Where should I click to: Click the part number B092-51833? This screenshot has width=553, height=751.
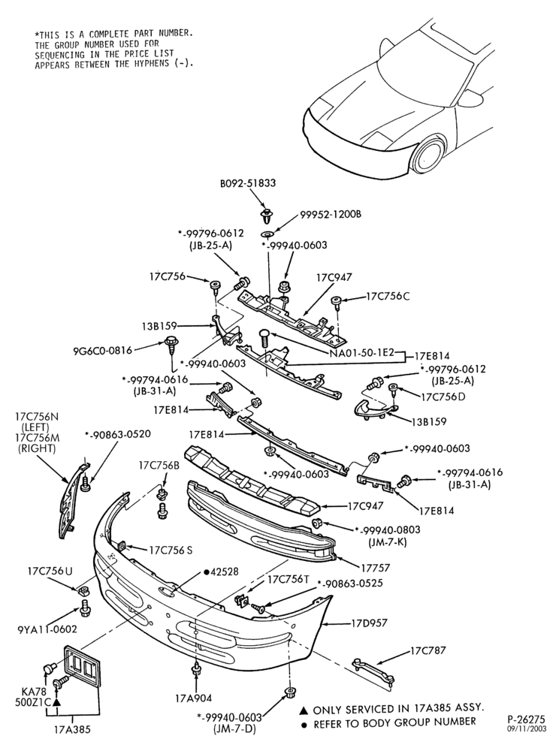tap(248, 182)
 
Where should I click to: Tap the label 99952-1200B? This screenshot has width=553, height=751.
tap(331, 214)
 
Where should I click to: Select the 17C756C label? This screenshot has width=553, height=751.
tap(388, 296)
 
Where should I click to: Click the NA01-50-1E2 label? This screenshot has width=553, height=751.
tap(361, 353)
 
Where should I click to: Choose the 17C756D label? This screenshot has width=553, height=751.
tap(443, 397)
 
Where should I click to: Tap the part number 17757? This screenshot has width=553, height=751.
tap(375, 568)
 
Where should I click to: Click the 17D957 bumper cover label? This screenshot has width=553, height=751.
tap(369, 623)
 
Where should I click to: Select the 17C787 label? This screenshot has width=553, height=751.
tap(428, 651)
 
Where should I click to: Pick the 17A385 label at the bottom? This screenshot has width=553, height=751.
tap(72, 731)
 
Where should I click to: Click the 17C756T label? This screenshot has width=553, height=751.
tap(288, 579)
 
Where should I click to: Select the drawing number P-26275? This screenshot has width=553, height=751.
tap(526, 719)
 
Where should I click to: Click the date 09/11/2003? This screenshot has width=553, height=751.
tap(527, 728)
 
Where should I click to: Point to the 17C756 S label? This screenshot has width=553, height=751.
tap(171, 550)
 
